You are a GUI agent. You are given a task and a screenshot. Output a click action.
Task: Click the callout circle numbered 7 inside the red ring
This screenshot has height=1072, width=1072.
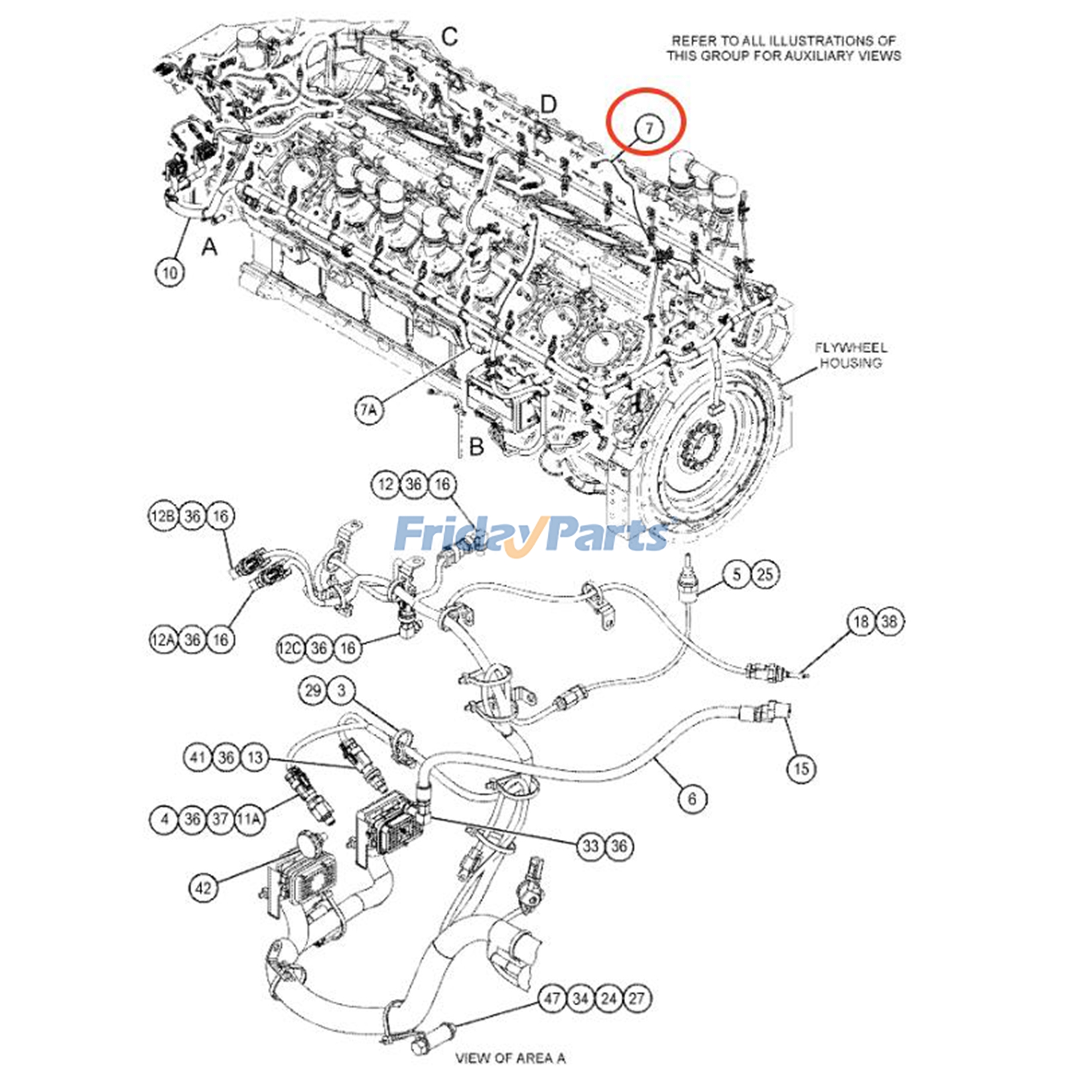648,127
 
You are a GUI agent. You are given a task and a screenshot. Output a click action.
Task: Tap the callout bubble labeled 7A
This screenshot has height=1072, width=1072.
368,409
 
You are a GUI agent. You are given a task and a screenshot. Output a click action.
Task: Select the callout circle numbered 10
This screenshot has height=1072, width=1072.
170,272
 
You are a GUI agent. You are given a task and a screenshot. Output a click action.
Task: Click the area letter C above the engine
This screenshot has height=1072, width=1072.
450,36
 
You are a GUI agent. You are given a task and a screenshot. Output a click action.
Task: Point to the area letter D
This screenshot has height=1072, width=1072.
548,105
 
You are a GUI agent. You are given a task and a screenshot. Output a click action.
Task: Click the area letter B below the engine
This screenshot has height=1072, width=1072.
476,446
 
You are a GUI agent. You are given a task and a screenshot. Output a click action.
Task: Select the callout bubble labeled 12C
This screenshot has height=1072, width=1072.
291,648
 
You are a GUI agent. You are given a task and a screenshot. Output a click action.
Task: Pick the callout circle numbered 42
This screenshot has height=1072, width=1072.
203,888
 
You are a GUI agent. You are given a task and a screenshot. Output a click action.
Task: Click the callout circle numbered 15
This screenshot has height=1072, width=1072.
801,768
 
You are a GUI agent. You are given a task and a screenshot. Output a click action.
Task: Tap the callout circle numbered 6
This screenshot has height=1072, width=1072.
692,798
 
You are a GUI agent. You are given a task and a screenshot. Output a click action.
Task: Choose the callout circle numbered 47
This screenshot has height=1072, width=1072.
552,998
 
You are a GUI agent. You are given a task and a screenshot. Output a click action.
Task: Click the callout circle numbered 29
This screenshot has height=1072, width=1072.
313,690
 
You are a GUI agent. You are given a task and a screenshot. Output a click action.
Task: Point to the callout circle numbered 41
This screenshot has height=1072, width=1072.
198,758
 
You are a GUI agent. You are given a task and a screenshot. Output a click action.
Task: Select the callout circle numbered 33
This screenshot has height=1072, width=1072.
590,846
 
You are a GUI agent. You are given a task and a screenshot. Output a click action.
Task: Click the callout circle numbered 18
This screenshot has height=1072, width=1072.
861,622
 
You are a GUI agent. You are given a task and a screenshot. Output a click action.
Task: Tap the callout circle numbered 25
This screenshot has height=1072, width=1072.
764,574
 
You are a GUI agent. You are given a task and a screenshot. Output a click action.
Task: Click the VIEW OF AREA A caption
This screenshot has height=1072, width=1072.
511,1058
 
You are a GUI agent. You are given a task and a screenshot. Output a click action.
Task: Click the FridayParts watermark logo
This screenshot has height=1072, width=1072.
529,534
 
